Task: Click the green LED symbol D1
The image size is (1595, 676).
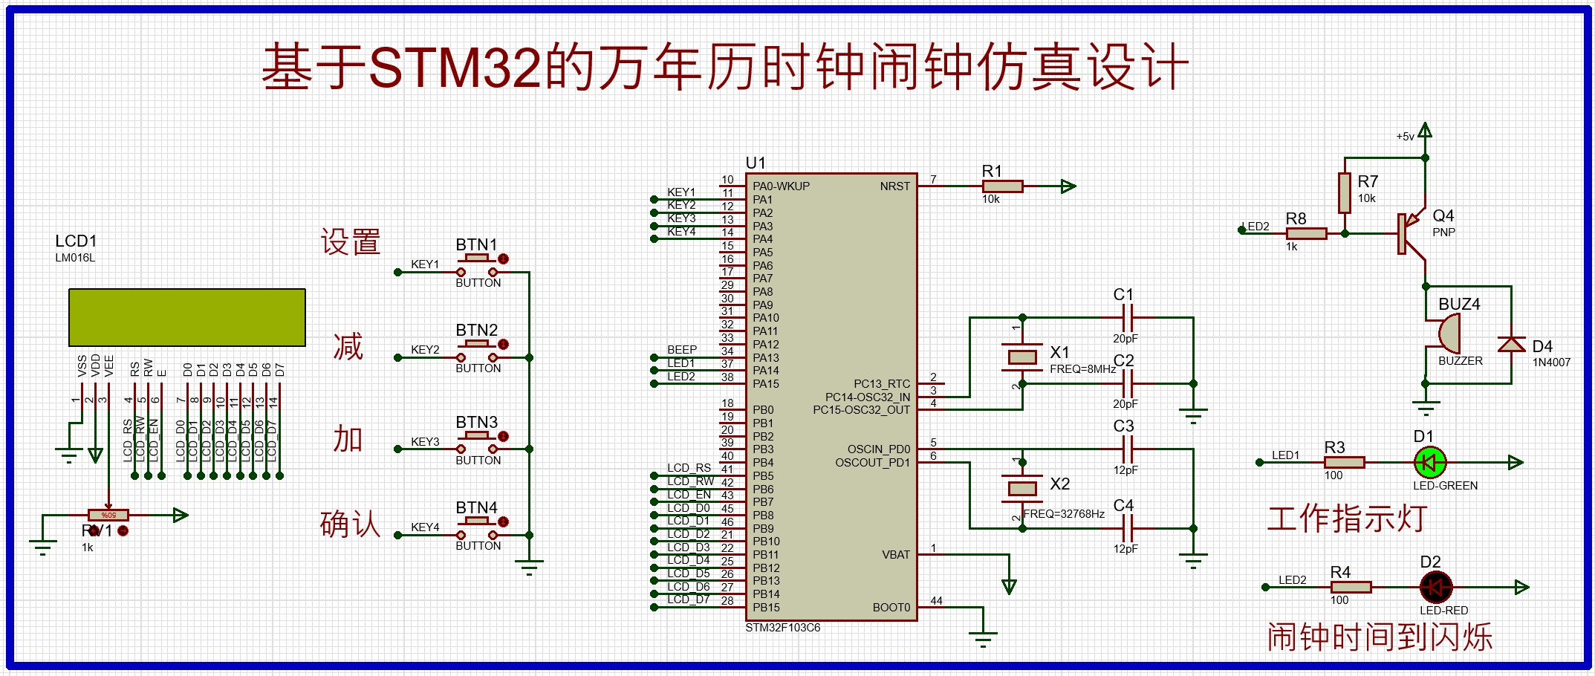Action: [1429, 463]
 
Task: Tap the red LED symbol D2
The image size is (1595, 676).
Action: [1435, 588]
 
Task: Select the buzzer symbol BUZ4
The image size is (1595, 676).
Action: [1448, 334]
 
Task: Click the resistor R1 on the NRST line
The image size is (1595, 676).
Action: [1002, 186]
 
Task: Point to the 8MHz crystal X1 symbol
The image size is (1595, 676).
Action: [1022, 357]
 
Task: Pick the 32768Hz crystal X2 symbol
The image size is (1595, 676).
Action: [1022, 488]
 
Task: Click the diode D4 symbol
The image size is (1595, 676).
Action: [1511, 344]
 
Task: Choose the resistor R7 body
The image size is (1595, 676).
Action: [1345, 193]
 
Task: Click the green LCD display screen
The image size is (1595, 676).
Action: [187, 317]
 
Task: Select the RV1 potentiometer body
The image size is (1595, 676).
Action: [108, 515]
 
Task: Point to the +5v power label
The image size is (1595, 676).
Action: [1405, 137]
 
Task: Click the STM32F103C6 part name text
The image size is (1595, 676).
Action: [783, 628]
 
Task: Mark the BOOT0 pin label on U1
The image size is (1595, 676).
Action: [891, 608]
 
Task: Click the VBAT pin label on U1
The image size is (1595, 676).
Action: [895, 555]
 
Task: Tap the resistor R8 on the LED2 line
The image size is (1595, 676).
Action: [1306, 233]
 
